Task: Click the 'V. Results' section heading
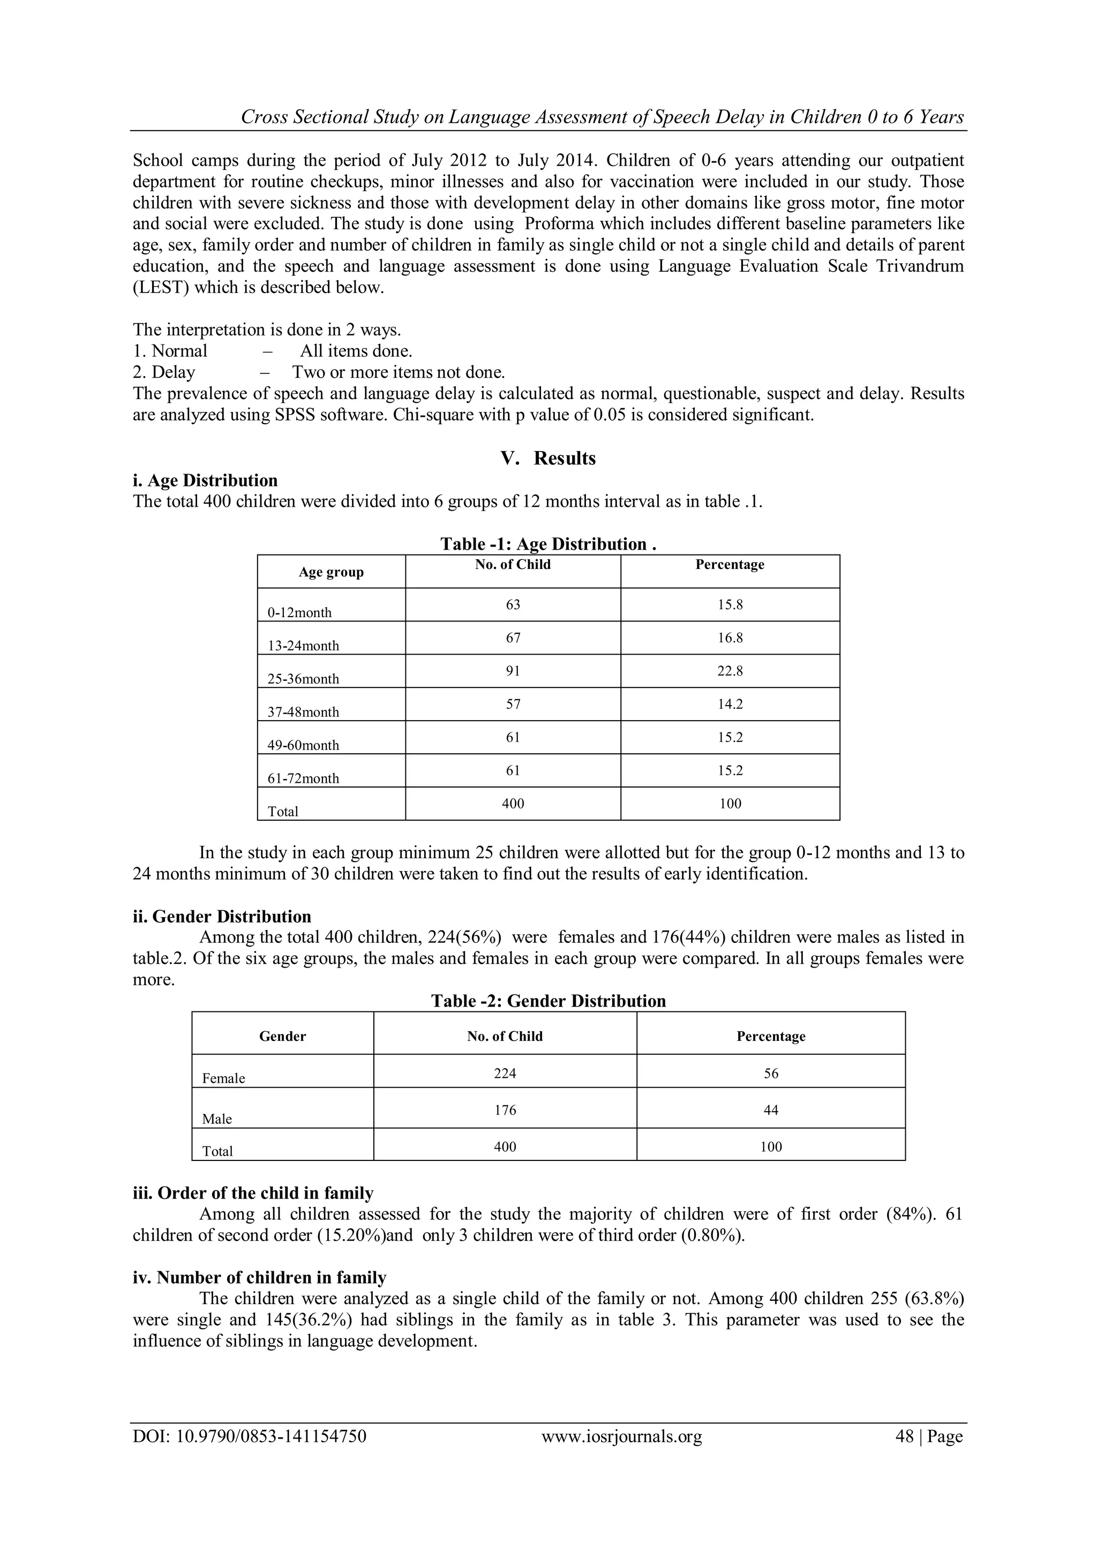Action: pos(548,458)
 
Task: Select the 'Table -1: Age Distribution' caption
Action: pos(548,544)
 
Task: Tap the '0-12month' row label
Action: pos(299,613)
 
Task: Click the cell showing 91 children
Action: pos(513,671)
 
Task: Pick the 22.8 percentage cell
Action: pos(730,671)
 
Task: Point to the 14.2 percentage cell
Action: pos(730,704)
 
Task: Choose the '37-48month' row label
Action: pos(303,712)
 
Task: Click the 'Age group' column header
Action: pos(331,572)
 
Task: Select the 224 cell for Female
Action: pos(505,1074)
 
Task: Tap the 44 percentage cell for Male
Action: pos(770,1110)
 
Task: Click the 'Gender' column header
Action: pos(282,1036)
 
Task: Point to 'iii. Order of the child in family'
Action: pos(253,1193)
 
